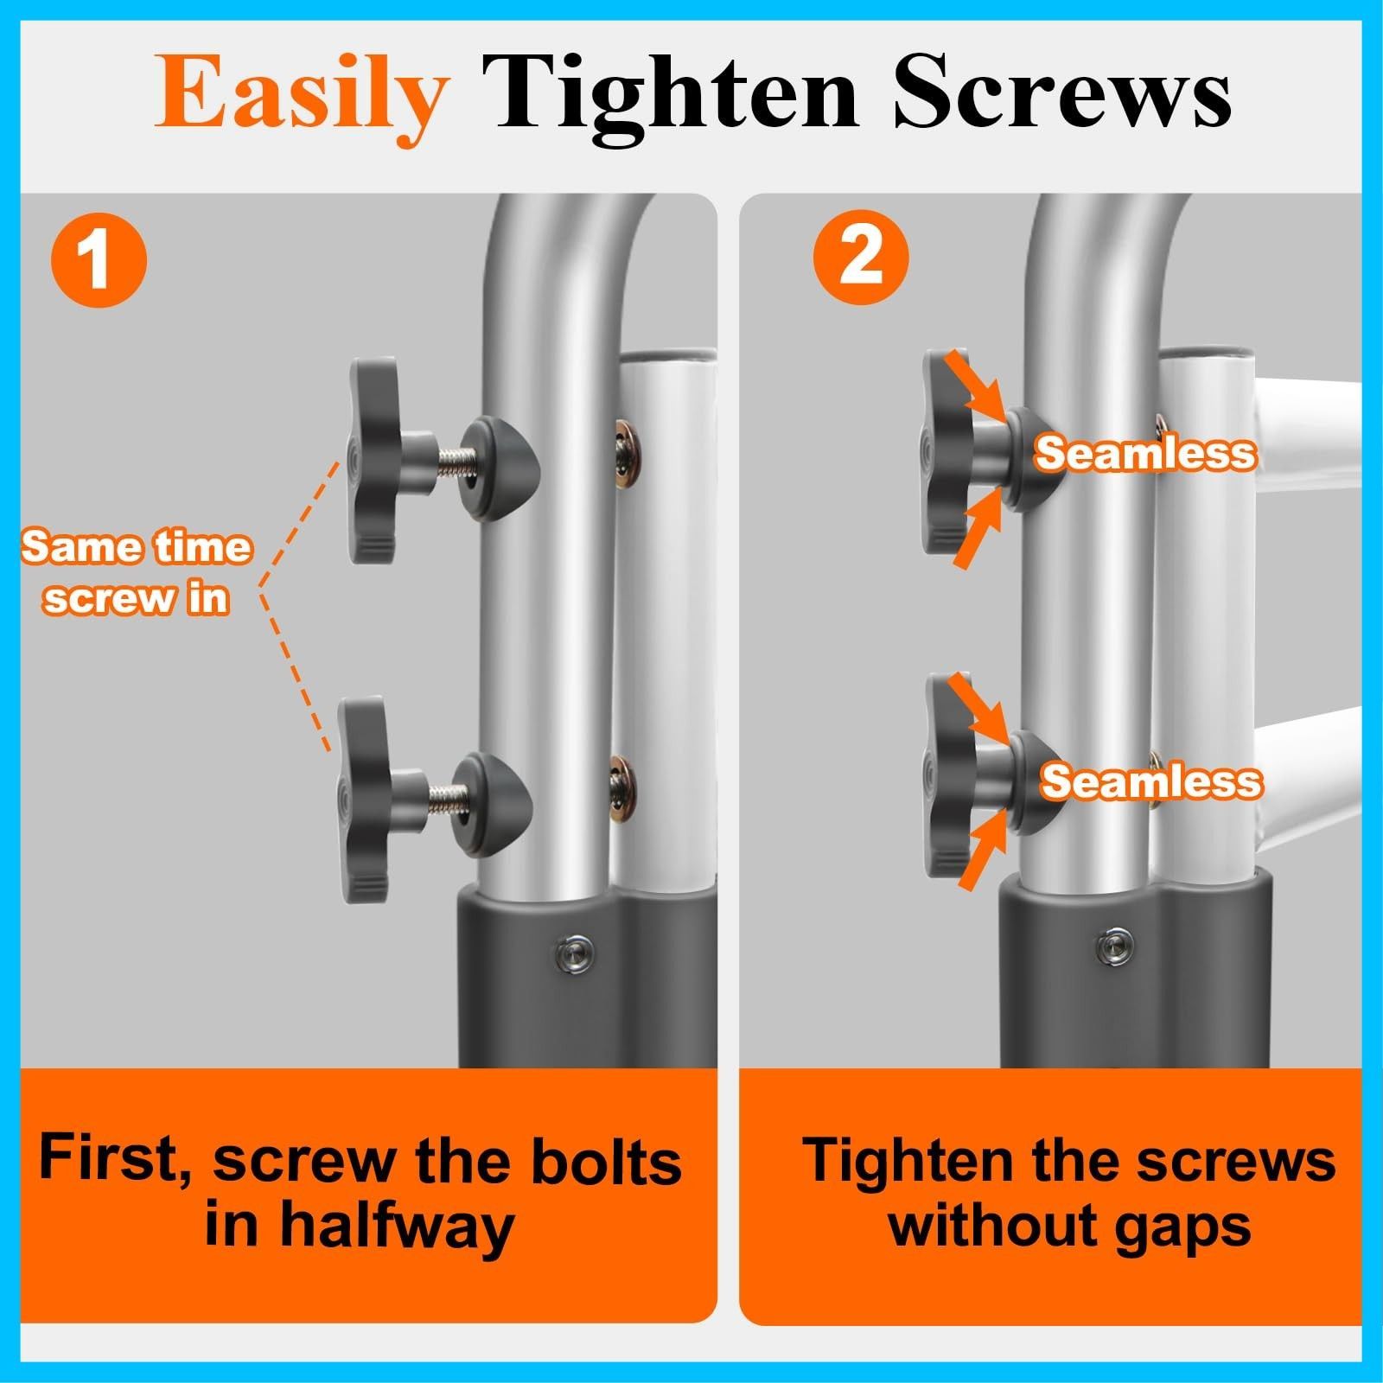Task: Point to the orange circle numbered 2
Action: click(x=861, y=257)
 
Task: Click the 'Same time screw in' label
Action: click(x=137, y=572)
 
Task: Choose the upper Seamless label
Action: click(x=1145, y=452)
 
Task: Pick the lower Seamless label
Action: click(x=1150, y=781)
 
